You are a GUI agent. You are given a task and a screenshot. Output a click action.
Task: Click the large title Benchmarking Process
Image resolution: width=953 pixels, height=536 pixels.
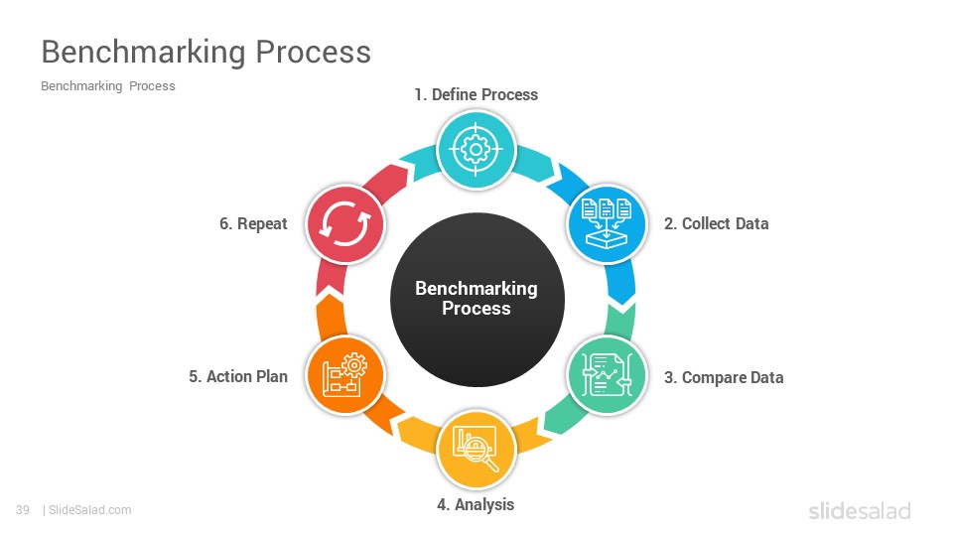pyautogui.click(x=206, y=53)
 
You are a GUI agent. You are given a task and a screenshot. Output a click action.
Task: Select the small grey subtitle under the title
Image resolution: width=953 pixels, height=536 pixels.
pyautogui.click(x=108, y=86)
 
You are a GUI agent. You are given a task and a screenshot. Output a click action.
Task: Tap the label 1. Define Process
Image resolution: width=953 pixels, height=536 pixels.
pyautogui.click(x=476, y=95)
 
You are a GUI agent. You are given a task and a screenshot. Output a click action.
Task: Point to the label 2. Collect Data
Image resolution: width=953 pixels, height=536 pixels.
pyautogui.click(x=716, y=223)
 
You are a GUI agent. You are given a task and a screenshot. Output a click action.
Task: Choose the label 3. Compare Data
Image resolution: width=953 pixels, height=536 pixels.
pyautogui.click(x=724, y=377)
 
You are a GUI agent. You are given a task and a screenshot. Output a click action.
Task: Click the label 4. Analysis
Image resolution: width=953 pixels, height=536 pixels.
pyautogui.click(x=476, y=504)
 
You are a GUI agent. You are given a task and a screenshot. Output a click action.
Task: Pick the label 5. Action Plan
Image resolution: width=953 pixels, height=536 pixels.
pyautogui.click(x=237, y=377)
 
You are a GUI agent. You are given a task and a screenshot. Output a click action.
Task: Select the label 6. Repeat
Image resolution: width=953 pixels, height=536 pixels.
pyautogui.click(x=253, y=223)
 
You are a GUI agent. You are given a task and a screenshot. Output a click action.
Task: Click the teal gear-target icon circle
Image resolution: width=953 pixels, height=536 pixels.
pyautogui.click(x=476, y=150)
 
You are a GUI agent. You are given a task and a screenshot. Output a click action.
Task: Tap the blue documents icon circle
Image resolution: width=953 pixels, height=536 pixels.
pyautogui.click(x=607, y=223)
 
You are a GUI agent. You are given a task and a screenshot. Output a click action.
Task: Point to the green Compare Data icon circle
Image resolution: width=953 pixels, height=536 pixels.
pyautogui.click(x=607, y=375)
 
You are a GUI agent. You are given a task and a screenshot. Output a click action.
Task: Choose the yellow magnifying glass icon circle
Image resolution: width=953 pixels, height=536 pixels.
pyautogui.click(x=476, y=449)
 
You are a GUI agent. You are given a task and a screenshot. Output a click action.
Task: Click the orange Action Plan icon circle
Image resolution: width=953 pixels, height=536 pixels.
pyautogui.click(x=345, y=375)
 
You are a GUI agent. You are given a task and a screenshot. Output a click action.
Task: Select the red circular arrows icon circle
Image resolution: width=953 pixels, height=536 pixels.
pyautogui.click(x=345, y=224)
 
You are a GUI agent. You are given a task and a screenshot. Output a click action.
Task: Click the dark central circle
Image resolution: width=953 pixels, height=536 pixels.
pyautogui.click(x=477, y=300)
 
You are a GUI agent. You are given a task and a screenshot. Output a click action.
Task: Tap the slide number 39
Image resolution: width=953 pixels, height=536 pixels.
pyautogui.click(x=23, y=510)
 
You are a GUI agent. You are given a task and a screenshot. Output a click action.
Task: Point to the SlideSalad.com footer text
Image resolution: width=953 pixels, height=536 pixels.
pyautogui.click(x=89, y=510)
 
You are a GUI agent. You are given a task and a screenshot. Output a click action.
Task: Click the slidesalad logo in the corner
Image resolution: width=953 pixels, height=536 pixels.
pyautogui.click(x=860, y=510)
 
